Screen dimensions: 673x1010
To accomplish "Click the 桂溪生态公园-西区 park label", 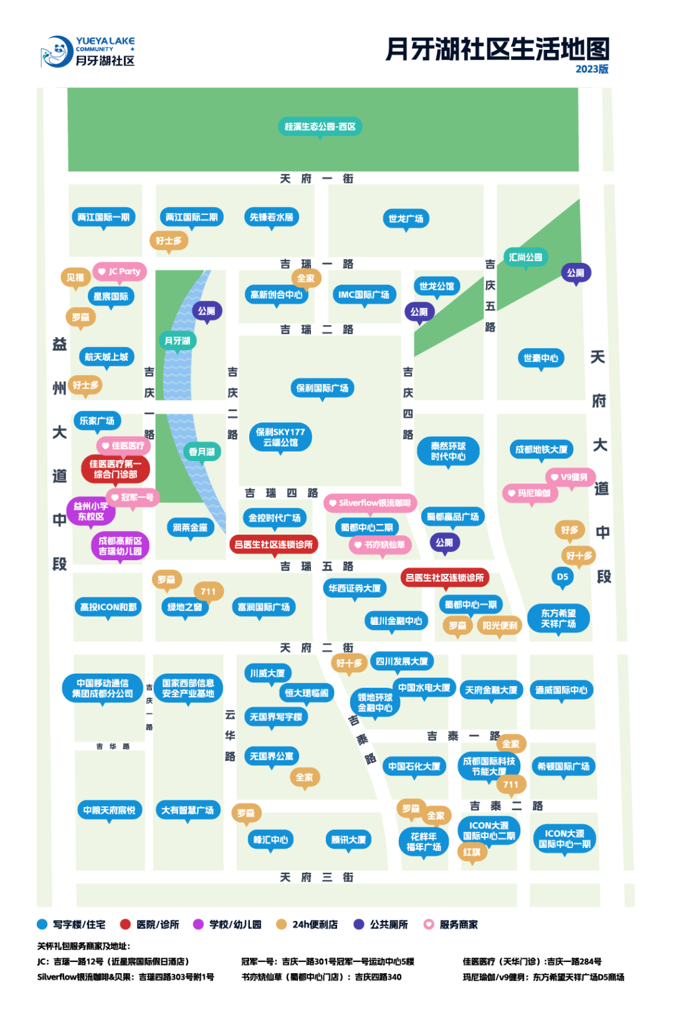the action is pos(320,126).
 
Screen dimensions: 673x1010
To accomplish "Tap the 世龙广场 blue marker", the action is pos(406,219).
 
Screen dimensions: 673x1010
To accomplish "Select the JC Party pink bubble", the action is pos(120,272).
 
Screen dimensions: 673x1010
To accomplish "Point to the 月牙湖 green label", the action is pos(177,340).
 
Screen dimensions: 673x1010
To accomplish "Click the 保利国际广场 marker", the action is pos(322,388).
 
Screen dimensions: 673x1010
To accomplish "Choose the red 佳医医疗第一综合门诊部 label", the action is pos(115,469).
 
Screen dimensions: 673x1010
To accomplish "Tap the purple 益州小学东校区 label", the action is pos(91,512).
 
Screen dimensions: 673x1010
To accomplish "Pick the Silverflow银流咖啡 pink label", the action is pos(370,503).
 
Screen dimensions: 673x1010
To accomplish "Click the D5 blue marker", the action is pos(563,577).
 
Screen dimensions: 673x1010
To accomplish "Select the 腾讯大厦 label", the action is pos(348,839).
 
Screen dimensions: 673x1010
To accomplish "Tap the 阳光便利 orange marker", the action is pos(500,626).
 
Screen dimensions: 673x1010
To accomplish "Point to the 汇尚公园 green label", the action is pos(525,257).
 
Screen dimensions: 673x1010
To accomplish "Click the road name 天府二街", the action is pos(317,648).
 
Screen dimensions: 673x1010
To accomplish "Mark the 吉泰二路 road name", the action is pos(506,806).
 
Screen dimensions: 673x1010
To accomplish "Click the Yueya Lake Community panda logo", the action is pos(57,51).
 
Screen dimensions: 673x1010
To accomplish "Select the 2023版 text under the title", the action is pos(592,69).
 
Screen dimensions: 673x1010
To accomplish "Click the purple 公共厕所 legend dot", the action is pos(358,925).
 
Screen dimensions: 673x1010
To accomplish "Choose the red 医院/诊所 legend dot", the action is pos(125,925).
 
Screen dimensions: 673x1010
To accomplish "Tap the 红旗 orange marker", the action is pos(472,852).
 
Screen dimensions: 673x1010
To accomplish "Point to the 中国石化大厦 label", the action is pos(414,766).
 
